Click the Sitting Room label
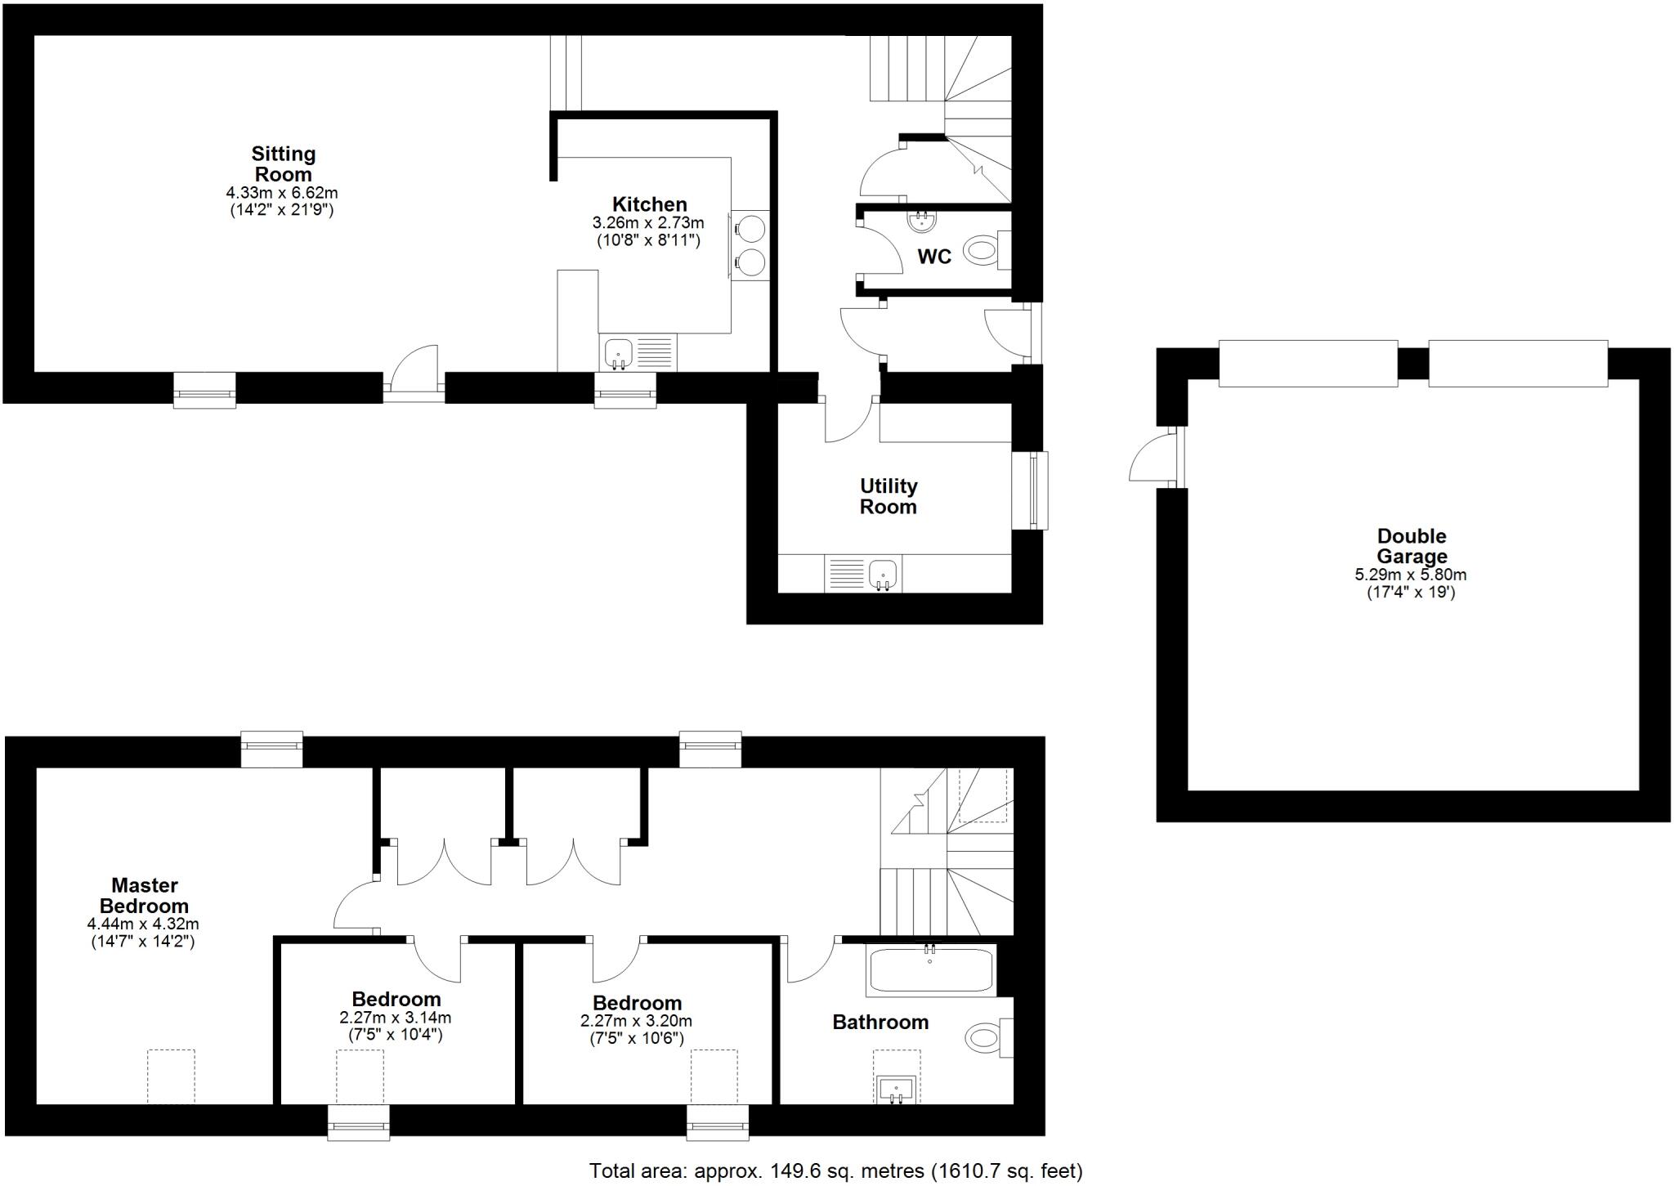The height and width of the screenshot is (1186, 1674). [x=283, y=163]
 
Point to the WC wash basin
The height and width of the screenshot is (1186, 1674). [x=923, y=221]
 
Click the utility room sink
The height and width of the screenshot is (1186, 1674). [x=882, y=574]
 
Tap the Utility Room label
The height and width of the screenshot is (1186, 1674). [x=888, y=496]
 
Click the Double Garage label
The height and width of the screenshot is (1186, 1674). [x=1412, y=546]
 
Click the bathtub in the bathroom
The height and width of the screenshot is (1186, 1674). [x=931, y=970]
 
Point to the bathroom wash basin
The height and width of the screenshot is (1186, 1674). [x=897, y=1090]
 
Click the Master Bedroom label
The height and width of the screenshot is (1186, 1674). [x=144, y=895]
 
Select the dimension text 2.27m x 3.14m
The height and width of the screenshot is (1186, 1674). [x=396, y=1018]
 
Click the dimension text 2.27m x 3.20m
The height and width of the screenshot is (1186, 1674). [x=636, y=1022]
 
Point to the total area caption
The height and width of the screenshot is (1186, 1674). [x=835, y=1171]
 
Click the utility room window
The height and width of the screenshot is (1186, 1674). [x=1032, y=490]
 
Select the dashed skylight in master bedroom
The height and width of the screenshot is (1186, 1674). [x=171, y=1076]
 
